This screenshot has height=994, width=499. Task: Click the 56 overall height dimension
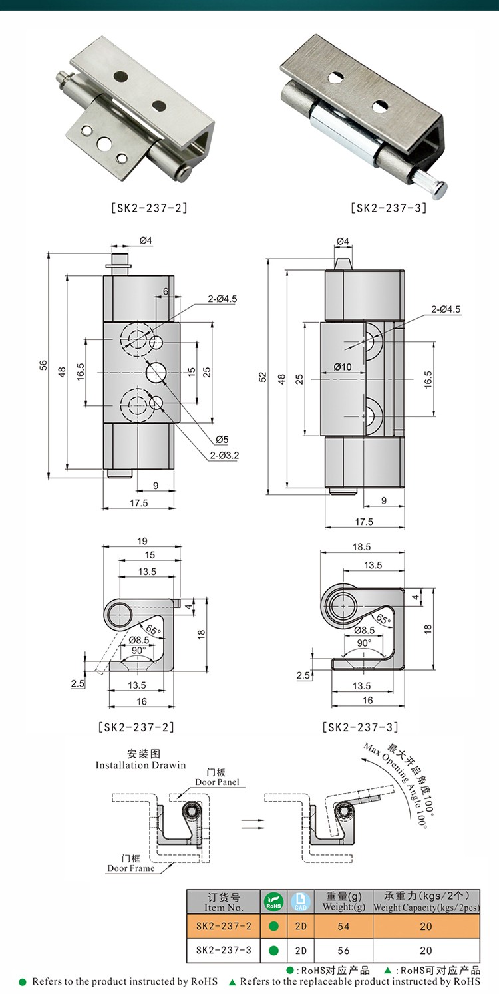pyautogui.click(x=43, y=365)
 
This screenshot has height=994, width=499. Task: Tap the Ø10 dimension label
pyautogui.click(x=343, y=366)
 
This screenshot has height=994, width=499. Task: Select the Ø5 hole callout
pyautogui.click(x=222, y=438)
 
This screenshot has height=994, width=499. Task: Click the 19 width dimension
pyautogui.click(x=141, y=540)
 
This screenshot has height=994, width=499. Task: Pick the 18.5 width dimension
pyautogui.click(x=362, y=546)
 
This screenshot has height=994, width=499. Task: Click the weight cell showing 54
pyautogui.click(x=343, y=926)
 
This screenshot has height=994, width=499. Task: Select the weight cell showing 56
pyautogui.click(x=343, y=951)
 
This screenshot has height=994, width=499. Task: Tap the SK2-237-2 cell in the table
pyautogui.click(x=224, y=926)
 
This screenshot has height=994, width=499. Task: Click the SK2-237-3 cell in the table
pyautogui.click(x=224, y=951)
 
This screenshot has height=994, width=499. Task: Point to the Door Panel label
pyautogui.click(x=217, y=782)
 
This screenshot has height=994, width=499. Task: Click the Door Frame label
pyautogui.click(x=131, y=868)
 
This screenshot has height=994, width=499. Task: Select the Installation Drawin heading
pyautogui.click(x=140, y=765)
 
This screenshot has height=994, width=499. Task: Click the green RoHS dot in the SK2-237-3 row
pyautogui.click(x=273, y=951)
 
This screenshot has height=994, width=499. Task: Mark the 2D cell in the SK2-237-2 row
pyautogui.click(x=301, y=926)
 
